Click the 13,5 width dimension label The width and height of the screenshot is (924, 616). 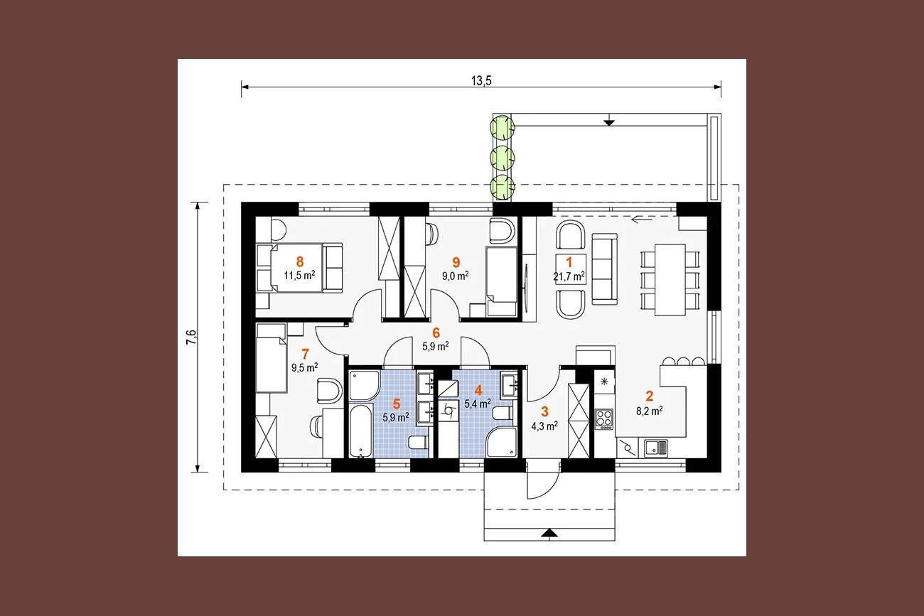[481, 81]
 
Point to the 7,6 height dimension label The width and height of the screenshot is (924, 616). [192, 337]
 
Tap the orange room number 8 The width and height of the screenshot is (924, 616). [300, 261]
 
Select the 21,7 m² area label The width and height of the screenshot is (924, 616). [569, 276]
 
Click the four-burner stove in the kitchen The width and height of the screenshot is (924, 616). [604, 419]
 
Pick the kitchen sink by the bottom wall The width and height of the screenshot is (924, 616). [656, 448]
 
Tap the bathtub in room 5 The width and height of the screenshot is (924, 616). [361, 431]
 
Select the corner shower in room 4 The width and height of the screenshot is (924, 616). [501, 443]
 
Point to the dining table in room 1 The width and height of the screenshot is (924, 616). [670, 280]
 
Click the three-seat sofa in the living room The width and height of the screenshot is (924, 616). [605, 269]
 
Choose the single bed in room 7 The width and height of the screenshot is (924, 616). [272, 358]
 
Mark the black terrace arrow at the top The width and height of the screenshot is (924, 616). [609, 122]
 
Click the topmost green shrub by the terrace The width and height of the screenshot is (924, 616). [502, 128]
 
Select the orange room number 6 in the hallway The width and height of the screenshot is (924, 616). [436, 333]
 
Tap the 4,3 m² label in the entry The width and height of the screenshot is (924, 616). [544, 426]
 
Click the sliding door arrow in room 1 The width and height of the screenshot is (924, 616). [641, 220]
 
